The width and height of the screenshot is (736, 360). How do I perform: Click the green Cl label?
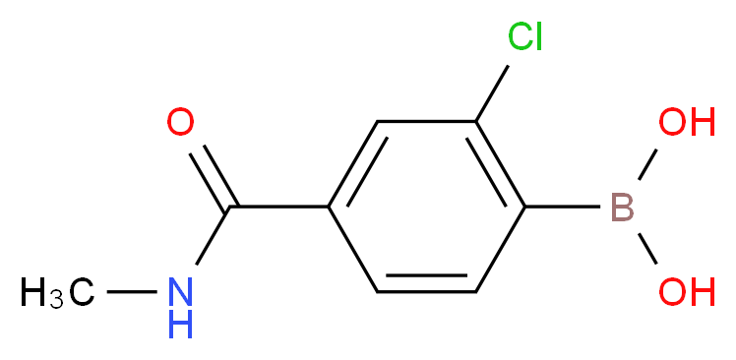pos(525,37)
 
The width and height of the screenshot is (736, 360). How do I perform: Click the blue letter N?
pos(180,290)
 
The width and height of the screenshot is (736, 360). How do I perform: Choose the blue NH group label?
pos(180,306)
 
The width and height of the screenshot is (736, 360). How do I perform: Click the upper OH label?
pos(686,123)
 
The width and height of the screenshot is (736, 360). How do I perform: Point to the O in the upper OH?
pos(672,123)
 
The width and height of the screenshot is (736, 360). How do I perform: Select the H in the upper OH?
pos(701,123)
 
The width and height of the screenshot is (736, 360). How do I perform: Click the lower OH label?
pos(686,292)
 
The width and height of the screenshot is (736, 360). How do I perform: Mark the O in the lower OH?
pos(672,292)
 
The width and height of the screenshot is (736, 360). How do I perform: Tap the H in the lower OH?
pos(701,292)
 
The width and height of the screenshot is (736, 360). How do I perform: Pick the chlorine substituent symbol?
pos(525,37)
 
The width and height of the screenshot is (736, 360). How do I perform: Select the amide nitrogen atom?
pos(180,290)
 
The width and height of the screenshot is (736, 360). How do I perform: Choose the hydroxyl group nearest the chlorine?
pos(686,123)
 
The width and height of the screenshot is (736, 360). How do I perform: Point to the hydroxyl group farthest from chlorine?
pos(686,292)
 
